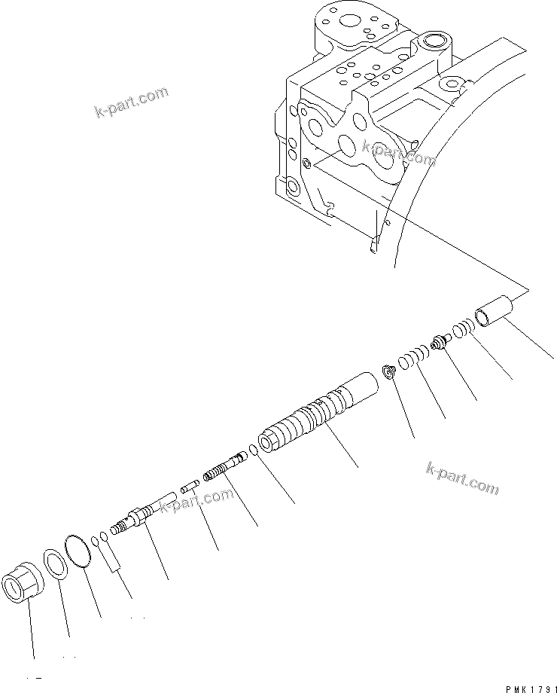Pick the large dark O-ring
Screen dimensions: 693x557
pyautogui.click(x=78, y=548)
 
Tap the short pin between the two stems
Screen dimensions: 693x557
pyautogui.click(x=188, y=493)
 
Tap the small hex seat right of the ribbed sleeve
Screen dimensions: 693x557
pyautogui.click(x=388, y=372)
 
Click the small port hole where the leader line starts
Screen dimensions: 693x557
pyautogui.click(x=306, y=163)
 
